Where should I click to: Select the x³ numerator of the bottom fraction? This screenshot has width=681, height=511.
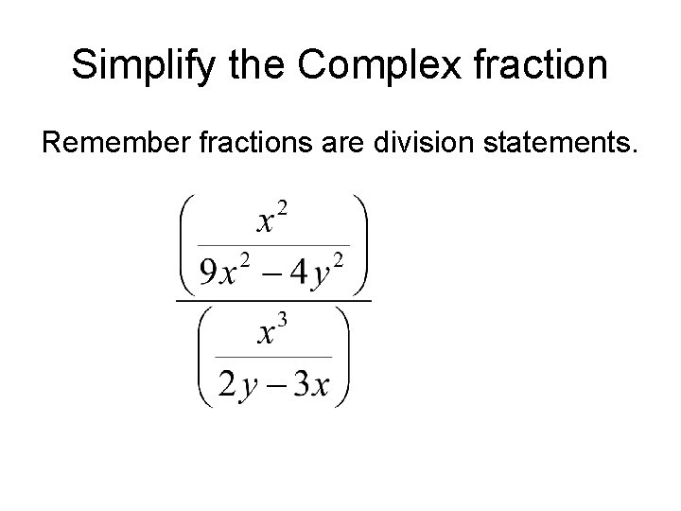272,332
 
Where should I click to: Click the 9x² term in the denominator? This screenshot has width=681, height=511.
220,273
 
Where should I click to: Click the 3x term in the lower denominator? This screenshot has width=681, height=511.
311,384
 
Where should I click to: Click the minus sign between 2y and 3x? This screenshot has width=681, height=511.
271,385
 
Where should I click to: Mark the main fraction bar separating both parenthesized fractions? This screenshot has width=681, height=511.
272,302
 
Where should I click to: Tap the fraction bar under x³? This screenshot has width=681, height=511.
272,357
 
